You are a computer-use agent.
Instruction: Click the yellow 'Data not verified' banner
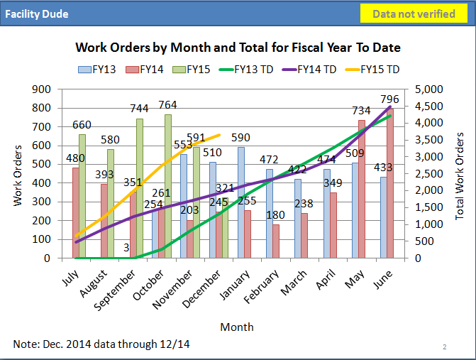(414, 13)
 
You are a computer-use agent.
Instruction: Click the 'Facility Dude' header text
(37, 14)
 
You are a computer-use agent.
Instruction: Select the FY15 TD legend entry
(372, 70)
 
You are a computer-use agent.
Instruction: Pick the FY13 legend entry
(97, 70)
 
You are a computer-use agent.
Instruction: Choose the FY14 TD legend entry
(309, 70)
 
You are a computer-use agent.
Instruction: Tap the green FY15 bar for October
(168, 186)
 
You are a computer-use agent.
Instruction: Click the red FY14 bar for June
(390, 183)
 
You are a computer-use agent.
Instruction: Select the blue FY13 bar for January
(241, 202)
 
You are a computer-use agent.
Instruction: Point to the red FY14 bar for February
(276, 241)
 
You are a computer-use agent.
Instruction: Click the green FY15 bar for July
(82, 196)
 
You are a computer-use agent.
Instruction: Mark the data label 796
(389, 99)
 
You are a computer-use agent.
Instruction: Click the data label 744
(139, 109)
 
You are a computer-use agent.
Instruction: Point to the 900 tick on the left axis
(41, 89)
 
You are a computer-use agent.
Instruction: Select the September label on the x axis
(115, 290)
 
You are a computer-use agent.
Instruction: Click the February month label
(261, 286)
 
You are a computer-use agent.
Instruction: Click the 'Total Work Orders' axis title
(460, 176)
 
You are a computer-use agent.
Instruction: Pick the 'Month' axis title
(237, 327)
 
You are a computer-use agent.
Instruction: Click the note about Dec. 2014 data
(101, 344)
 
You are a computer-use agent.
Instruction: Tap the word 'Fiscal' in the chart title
(307, 48)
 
